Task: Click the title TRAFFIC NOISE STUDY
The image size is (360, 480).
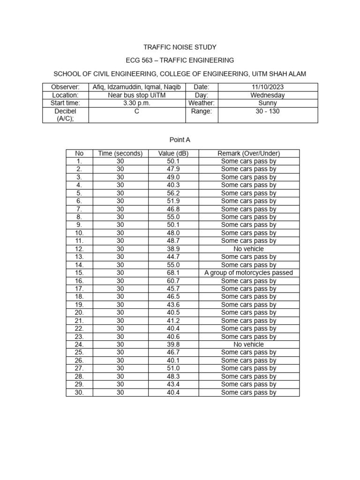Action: point(180,47)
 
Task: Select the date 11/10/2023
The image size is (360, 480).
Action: point(267,87)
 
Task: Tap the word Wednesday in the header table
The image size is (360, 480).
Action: point(267,95)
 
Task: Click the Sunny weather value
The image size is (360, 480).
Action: point(267,103)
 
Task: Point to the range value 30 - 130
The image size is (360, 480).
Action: point(267,112)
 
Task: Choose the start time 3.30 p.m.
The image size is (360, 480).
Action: point(136,103)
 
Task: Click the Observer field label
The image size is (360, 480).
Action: point(65,87)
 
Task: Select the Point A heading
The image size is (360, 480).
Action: point(180,140)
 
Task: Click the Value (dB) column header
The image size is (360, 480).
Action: point(173,153)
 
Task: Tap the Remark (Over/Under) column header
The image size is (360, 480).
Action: point(248,153)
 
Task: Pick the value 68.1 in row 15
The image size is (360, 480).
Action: point(173,273)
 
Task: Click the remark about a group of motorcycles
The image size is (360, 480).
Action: point(248,273)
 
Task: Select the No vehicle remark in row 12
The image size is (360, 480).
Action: point(248,249)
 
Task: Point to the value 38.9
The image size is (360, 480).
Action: point(173,249)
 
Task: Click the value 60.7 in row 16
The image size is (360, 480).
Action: point(173,281)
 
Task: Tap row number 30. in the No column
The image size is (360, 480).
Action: point(79,392)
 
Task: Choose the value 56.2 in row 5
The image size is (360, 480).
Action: point(173,193)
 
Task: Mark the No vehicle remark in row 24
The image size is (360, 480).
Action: point(248,345)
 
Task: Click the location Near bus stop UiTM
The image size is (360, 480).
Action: point(136,95)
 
